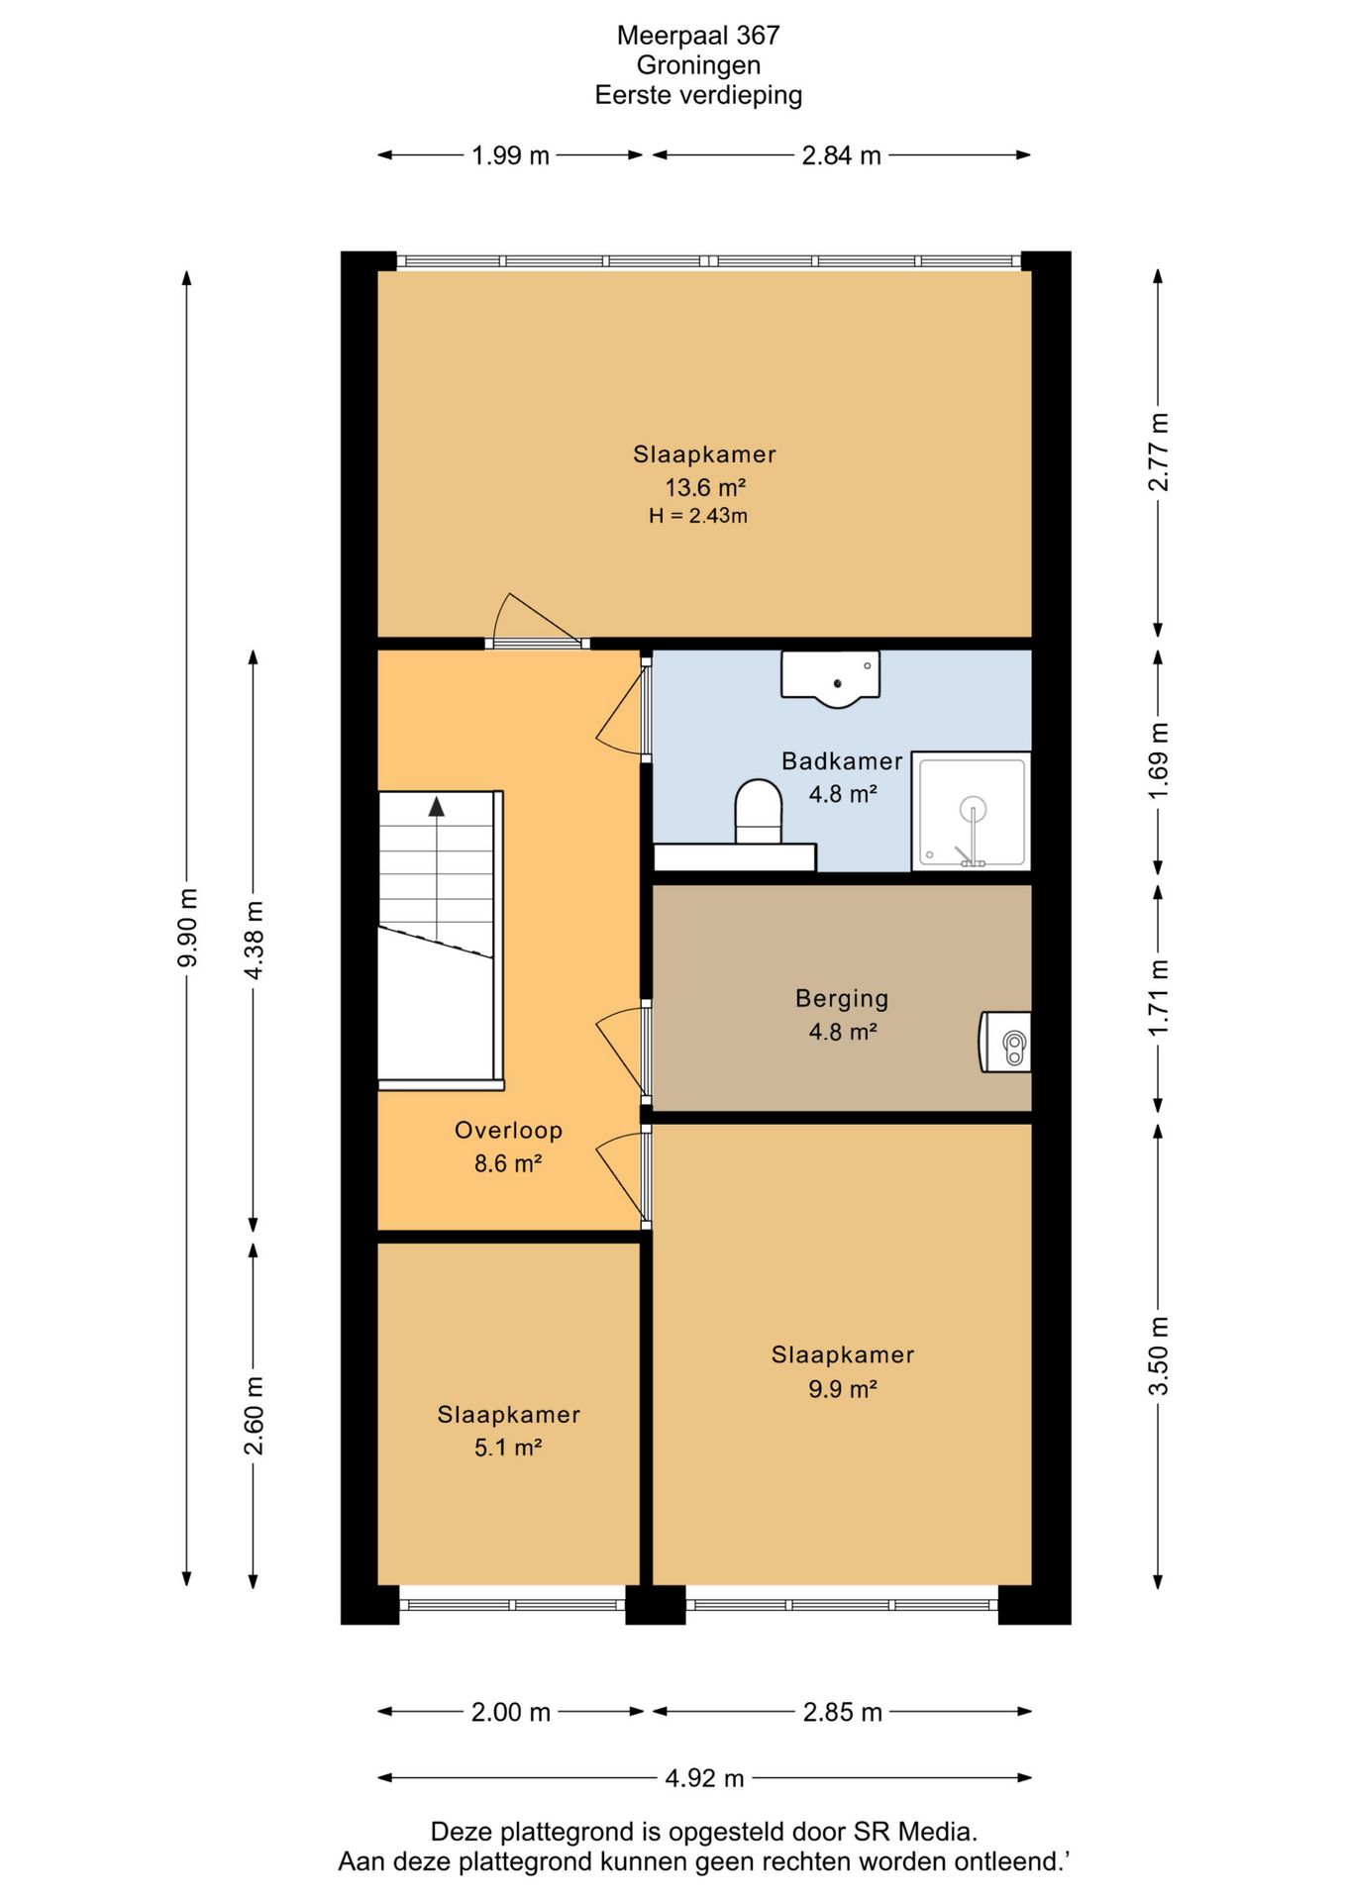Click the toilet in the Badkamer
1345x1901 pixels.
coord(759,812)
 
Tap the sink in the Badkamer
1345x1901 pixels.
coord(830,679)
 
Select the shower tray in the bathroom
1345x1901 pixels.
coord(971,811)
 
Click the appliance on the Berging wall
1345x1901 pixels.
coord(1005,1042)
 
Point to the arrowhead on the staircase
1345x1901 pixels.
coord(436,806)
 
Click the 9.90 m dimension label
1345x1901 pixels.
coord(187,928)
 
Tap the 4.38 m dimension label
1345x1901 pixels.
coord(254,941)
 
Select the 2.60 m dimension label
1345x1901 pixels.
coord(254,1416)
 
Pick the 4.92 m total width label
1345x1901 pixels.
coord(704,1777)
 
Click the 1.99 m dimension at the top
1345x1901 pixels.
coord(510,155)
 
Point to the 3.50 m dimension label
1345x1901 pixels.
coord(1158,1356)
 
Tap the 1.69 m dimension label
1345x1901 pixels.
coord(1158,760)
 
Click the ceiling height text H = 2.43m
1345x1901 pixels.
coord(698,516)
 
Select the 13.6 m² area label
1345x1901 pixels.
coord(704,487)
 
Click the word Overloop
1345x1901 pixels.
coord(508,1130)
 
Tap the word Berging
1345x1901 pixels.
coord(842,998)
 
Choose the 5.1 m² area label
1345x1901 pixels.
coord(508,1448)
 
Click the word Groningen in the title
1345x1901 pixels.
coord(698,65)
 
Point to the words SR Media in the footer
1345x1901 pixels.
coord(920,1832)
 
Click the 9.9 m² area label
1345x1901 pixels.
coord(843,1388)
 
